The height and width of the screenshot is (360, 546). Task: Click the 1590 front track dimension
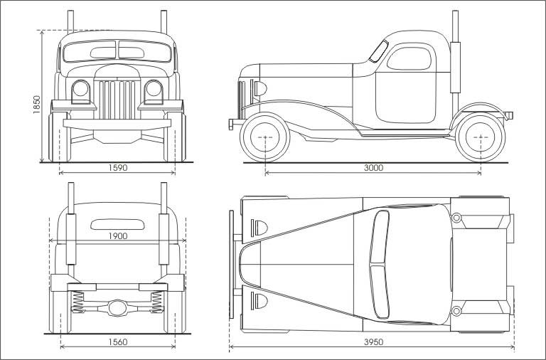pos(118,168)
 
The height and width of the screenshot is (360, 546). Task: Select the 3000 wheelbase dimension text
pos(373,168)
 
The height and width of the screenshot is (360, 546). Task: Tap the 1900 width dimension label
pos(118,236)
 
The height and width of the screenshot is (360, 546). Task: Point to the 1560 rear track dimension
pos(118,342)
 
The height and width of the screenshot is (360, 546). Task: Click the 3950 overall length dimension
pos(373,342)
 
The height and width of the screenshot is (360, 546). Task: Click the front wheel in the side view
pos(265,137)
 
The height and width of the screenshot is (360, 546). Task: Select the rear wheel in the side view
pos(481,137)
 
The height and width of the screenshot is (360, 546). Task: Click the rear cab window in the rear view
pos(117,223)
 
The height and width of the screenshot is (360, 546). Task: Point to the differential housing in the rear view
pos(117,307)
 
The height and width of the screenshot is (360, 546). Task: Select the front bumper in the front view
pos(117,123)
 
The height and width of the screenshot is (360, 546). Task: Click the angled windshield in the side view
pos(379,51)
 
